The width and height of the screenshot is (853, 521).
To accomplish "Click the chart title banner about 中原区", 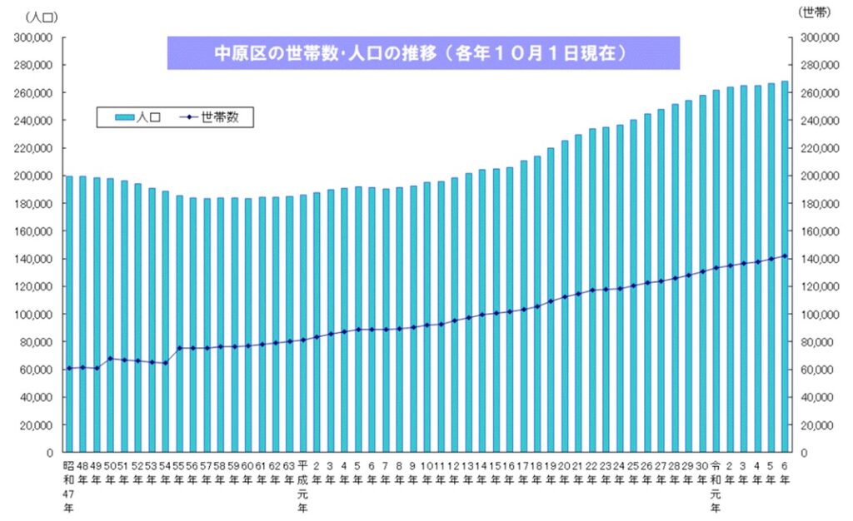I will click(x=423, y=52).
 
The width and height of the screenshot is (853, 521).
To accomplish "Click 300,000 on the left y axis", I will click(x=35, y=37).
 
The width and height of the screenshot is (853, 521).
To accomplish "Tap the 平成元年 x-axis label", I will click(x=303, y=486).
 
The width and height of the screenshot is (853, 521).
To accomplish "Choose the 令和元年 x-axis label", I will click(x=716, y=486).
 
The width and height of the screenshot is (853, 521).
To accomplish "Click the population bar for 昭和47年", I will click(x=69, y=316).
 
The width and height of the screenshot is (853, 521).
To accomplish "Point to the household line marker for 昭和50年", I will click(x=110, y=359).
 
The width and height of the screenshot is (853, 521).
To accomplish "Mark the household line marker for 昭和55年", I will click(x=179, y=348).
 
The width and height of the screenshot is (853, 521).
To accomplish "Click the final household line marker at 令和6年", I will click(x=784, y=256).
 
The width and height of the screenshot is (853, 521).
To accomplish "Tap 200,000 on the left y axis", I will click(x=35, y=176).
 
